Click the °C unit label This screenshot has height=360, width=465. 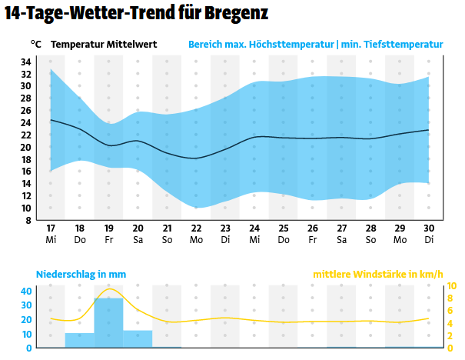(x=36, y=45)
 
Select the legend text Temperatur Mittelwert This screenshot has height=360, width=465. (x=104, y=45)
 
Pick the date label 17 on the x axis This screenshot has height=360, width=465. (x=51, y=228)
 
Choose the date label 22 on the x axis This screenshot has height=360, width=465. (x=196, y=228)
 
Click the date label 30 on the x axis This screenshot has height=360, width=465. (x=429, y=228)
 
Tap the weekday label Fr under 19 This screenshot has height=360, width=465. (x=109, y=240)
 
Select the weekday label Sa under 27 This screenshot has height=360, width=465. (x=341, y=240)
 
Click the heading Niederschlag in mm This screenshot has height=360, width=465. (x=81, y=275)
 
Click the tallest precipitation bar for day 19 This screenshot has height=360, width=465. (x=109, y=323)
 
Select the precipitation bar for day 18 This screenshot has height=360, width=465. (x=80, y=340)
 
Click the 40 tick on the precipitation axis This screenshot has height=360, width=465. (x=27, y=291)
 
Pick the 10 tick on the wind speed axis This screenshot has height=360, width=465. (x=452, y=286)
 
